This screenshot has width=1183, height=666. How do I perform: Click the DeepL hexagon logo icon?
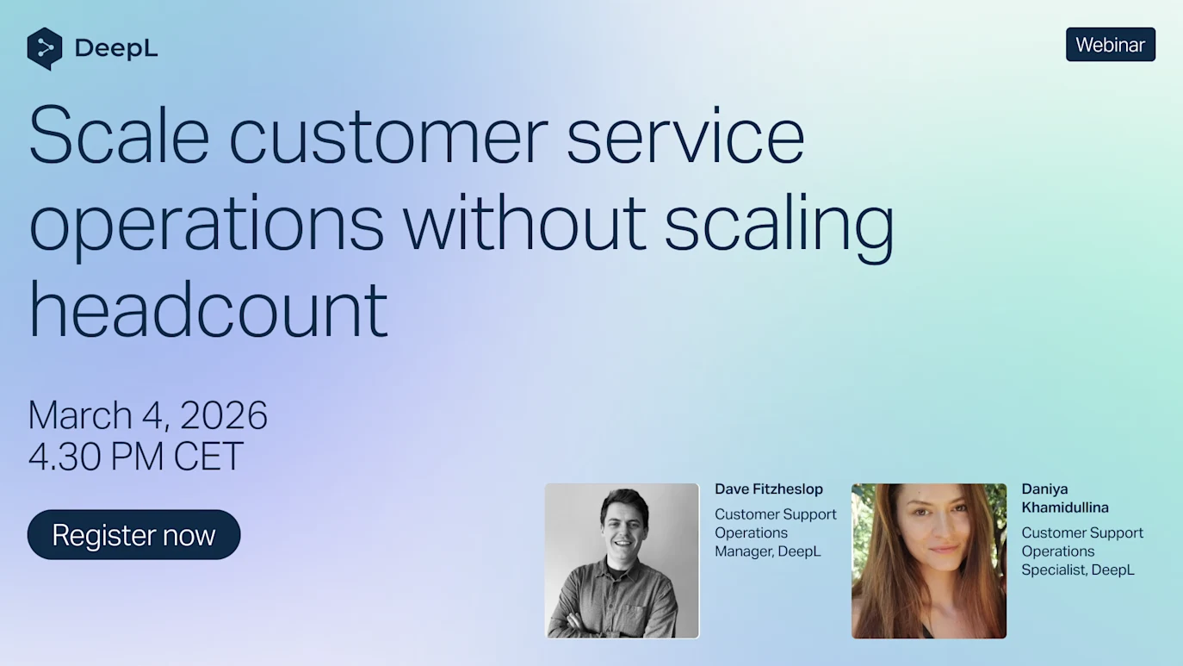point(45,48)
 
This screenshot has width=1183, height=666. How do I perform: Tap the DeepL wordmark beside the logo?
point(116,48)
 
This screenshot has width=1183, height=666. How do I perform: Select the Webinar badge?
point(1111,45)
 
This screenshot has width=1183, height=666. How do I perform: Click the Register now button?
point(133,534)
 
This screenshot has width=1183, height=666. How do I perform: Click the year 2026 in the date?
point(224,415)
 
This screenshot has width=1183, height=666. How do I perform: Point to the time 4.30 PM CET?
point(136,456)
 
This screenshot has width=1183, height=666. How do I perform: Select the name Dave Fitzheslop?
point(769,489)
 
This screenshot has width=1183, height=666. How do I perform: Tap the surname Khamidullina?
point(1065,507)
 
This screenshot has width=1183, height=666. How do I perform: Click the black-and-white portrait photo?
point(622,561)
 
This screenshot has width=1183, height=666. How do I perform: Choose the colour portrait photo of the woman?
point(929,561)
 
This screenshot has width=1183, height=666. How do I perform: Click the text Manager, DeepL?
point(768,551)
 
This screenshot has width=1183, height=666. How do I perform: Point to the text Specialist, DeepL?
point(1078,570)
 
